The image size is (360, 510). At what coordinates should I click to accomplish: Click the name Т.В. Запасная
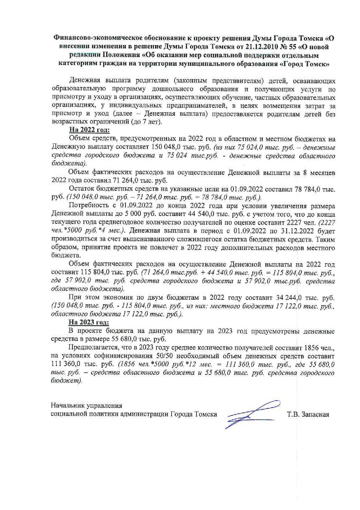click(308, 414)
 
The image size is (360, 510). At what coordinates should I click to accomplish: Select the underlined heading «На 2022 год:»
click(89, 130)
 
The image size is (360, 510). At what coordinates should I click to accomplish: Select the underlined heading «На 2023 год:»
click(89, 322)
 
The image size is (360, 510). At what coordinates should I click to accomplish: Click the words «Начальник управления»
click(87, 406)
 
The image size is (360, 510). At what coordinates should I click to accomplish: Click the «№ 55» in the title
click(295, 47)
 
